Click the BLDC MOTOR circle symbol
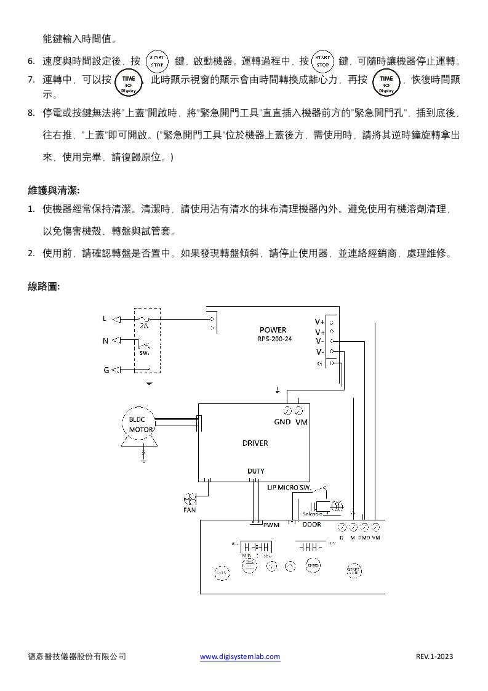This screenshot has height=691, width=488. pos(141,424)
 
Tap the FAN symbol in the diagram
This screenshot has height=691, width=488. pos(190,499)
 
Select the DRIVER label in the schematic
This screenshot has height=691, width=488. pos(255,443)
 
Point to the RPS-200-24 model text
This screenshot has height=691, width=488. pos(274,339)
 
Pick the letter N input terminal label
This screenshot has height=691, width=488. pos(105,341)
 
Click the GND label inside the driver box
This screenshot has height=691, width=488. pos(282,422)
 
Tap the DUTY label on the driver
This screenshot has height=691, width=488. pos(255,471)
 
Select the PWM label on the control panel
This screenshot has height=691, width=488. pos(271,525)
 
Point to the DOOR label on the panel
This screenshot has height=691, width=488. pos(311,525)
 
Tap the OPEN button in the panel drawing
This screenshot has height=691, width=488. pos(222,572)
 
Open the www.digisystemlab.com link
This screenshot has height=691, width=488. pos(240,657)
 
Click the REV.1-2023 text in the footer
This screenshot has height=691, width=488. pos(434,657)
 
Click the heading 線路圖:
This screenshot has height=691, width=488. pos(44,286)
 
